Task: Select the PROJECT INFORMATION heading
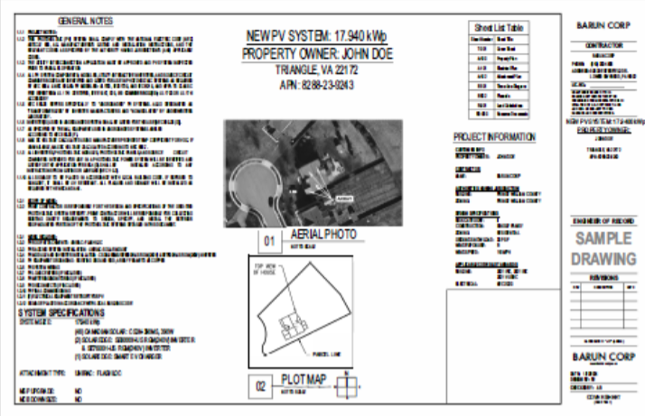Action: [x=494, y=134]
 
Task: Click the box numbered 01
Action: [x=267, y=241]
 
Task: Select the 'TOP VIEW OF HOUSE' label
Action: [x=266, y=273]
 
